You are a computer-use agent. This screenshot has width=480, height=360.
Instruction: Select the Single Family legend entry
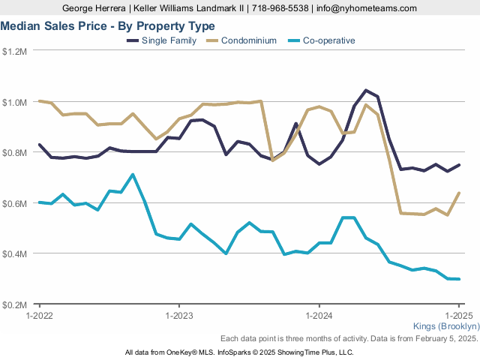pos(169,40)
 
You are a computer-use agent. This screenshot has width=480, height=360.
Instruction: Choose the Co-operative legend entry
pos(328,40)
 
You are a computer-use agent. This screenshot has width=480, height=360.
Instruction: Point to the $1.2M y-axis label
pos(14,52)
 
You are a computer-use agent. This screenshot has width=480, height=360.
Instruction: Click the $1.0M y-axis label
pos(14,102)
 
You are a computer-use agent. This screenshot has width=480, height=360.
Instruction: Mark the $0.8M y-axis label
pos(14,153)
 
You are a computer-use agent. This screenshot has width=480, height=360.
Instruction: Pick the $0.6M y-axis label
pos(14,203)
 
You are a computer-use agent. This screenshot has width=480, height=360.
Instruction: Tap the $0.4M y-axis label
pos(14,254)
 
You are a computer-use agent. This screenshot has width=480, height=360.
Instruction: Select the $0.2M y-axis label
pos(14,305)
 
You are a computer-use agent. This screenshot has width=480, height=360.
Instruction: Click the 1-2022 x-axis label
pos(38,316)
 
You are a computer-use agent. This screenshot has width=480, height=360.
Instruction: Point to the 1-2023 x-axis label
pos(178,316)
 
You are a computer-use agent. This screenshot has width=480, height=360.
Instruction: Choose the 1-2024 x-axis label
pos(319,316)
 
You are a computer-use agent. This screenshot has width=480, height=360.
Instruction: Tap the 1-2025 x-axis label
pos(458,316)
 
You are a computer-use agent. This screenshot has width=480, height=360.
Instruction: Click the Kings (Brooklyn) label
pos(446,327)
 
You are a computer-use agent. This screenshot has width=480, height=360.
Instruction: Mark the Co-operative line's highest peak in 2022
pos(133,175)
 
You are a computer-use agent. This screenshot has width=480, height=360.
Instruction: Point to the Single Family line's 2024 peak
pos(365,91)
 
